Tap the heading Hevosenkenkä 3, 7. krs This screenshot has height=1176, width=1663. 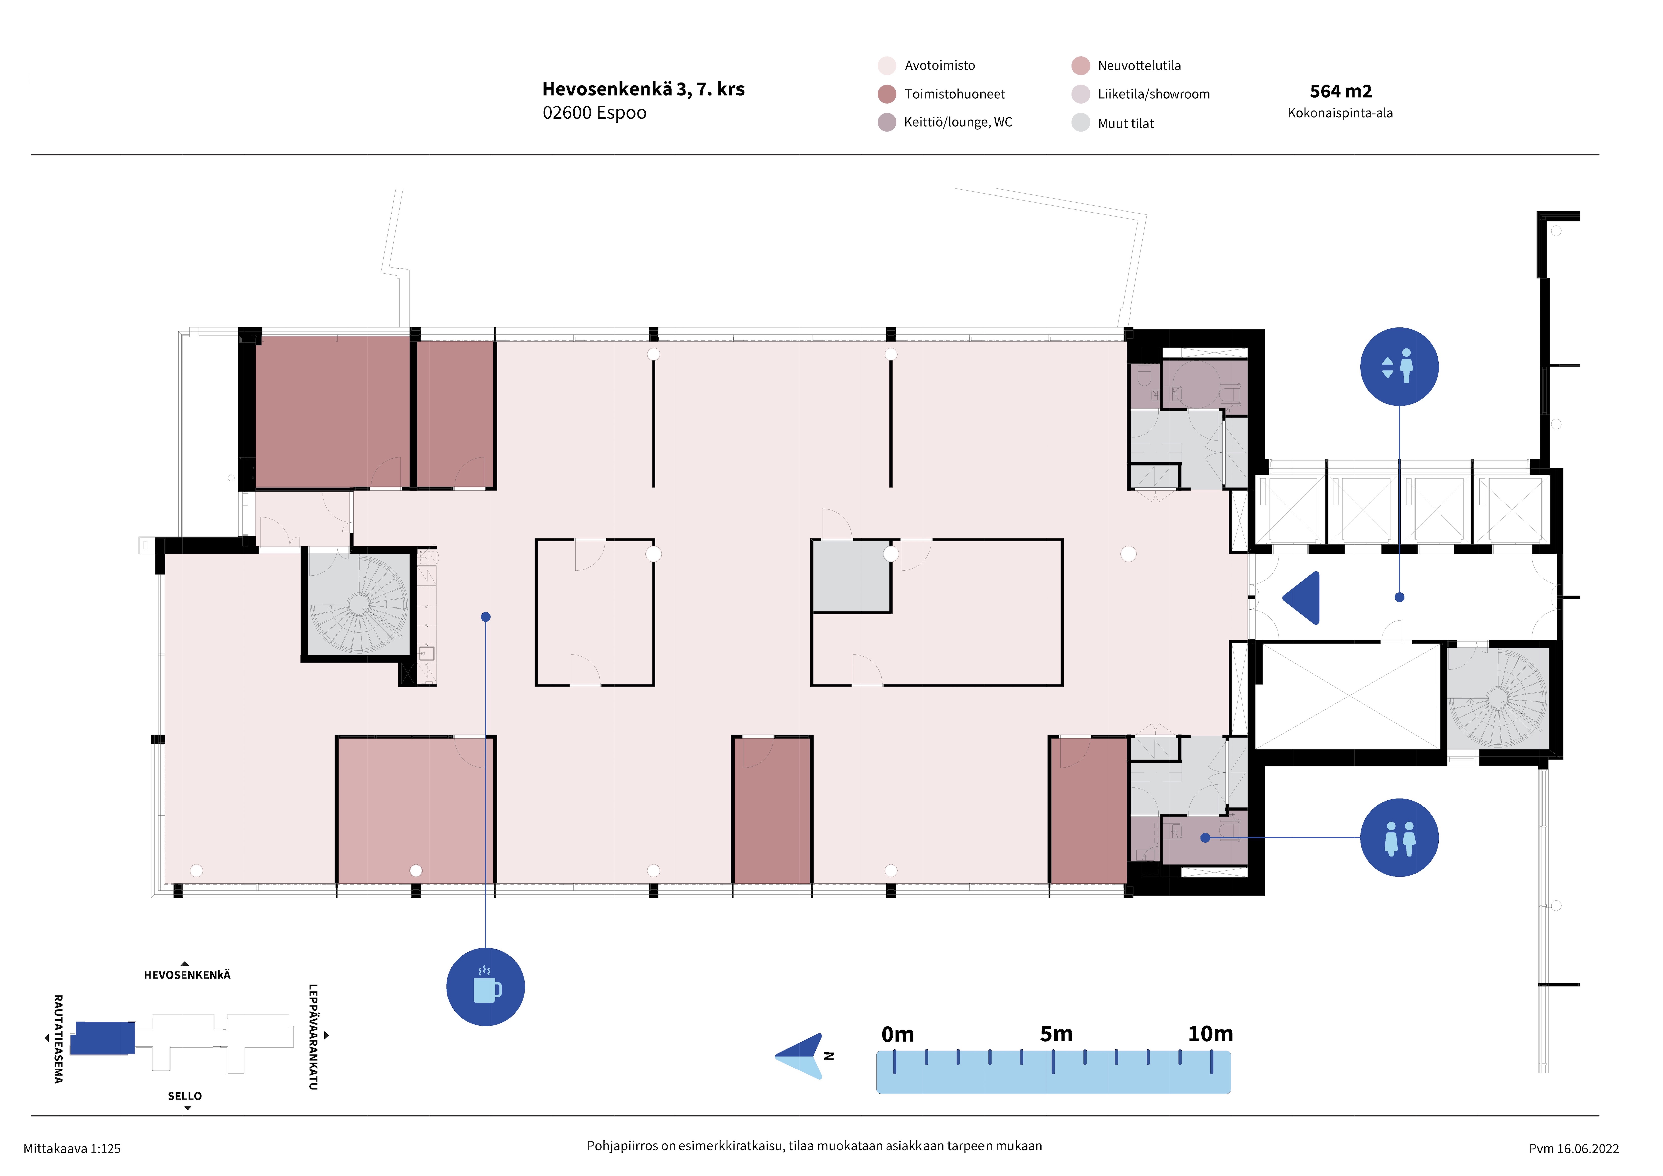pyautogui.click(x=643, y=89)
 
